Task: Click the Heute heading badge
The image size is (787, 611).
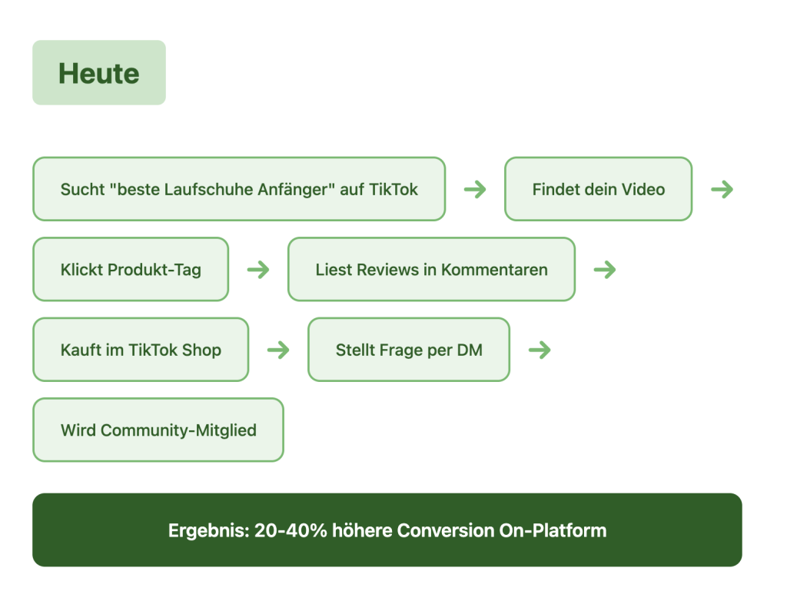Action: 99,73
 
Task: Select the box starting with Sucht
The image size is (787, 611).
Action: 238,189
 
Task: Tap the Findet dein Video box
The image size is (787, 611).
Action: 598,189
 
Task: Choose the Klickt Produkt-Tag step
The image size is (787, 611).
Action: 131,270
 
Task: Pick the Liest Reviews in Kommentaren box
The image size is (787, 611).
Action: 431,270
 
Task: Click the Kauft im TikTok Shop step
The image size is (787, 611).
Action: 141,350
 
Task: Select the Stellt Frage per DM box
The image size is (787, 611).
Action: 408,350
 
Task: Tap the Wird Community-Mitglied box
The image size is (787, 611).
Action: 158,430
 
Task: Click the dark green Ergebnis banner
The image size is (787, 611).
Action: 387,530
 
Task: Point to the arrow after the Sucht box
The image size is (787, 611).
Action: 475,189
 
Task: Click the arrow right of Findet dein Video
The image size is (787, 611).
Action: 722,189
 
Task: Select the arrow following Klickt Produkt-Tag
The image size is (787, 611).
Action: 258,270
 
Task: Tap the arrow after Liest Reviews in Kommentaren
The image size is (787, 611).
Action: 605,270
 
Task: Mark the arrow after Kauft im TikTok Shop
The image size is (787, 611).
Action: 278,350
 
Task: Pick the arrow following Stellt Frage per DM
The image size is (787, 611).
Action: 540,350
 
